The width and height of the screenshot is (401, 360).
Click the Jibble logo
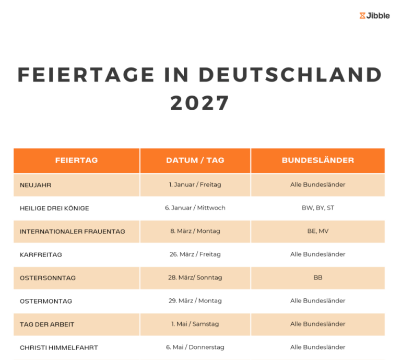click(x=374, y=16)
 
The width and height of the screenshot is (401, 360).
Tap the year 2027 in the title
click(x=200, y=102)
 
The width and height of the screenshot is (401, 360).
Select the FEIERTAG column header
click(x=76, y=160)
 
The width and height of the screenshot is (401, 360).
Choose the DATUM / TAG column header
click(x=195, y=160)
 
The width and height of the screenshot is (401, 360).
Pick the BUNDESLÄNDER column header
click(x=317, y=160)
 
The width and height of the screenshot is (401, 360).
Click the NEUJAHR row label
click(x=36, y=185)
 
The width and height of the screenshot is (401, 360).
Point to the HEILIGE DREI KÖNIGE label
click(x=54, y=208)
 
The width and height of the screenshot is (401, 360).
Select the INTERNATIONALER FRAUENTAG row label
click(x=72, y=231)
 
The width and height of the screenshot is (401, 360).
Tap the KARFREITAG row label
click(x=41, y=254)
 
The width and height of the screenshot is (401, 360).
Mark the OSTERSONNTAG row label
click(x=48, y=278)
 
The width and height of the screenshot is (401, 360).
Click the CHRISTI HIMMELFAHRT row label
click(x=58, y=347)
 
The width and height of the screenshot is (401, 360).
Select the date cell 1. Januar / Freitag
click(x=195, y=184)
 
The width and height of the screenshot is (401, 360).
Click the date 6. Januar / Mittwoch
click(x=195, y=208)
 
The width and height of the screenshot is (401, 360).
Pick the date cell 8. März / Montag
click(x=195, y=231)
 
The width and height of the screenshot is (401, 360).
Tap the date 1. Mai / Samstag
click(x=195, y=324)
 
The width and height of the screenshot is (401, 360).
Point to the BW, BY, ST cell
click(x=317, y=208)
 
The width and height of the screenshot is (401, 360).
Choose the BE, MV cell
click(x=317, y=231)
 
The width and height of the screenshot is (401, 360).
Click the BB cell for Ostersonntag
click(x=317, y=277)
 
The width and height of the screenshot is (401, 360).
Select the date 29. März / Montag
click(x=195, y=301)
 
